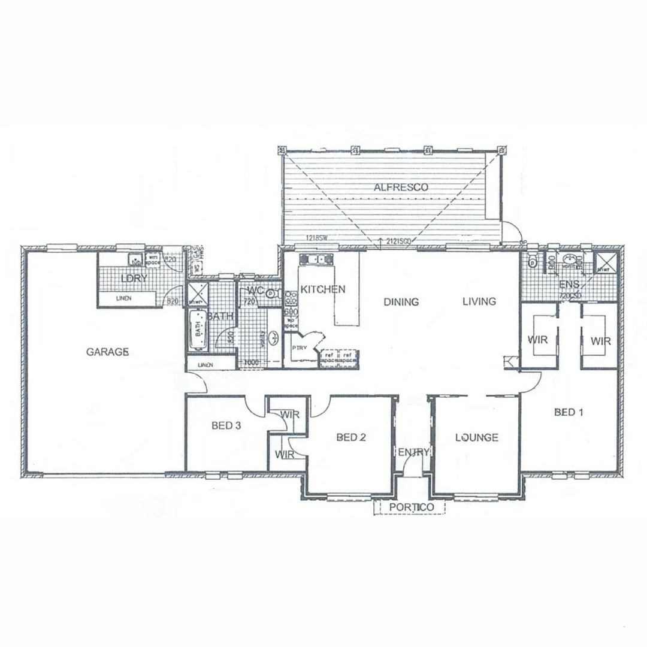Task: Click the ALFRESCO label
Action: pyautogui.click(x=401, y=188)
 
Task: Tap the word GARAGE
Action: pyautogui.click(x=108, y=352)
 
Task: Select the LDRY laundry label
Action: pyautogui.click(x=134, y=279)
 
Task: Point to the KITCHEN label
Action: pyautogui.click(x=323, y=289)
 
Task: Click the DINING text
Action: pyautogui.click(x=401, y=302)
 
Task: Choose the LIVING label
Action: pyautogui.click(x=479, y=301)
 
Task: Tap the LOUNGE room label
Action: pyautogui.click(x=476, y=437)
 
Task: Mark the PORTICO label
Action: pyautogui.click(x=411, y=507)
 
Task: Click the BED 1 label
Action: pyautogui.click(x=569, y=412)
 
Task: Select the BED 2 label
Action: pyautogui.click(x=351, y=437)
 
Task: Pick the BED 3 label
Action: pyautogui.click(x=226, y=426)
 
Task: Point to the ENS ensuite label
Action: pyautogui.click(x=569, y=284)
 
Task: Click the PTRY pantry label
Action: pyautogui.click(x=299, y=347)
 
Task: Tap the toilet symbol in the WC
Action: pyautogui.click(x=271, y=294)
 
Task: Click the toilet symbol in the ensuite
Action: pyautogui.click(x=532, y=262)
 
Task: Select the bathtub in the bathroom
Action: pyautogui.click(x=197, y=330)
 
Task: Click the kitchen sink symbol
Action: pyautogui.click(x=312, y=259)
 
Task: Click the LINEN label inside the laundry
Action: pyautogui.click(x=125, y=298)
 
